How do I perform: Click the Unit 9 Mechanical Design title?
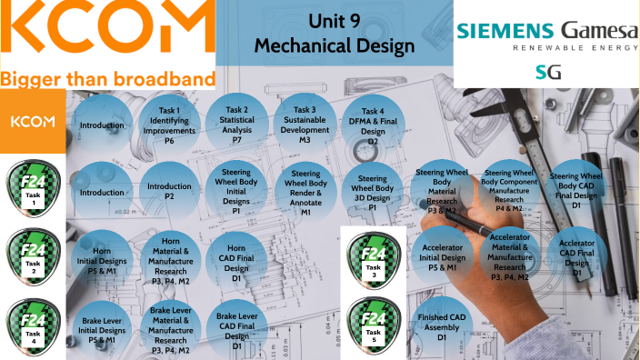click(x=335, y=34)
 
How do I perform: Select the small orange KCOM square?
click(x=33, y=122)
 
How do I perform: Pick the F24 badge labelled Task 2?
click(x=32, y=258)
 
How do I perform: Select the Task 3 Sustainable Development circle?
click(x=305, y=125)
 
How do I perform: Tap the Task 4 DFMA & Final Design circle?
click(x=373, y=125)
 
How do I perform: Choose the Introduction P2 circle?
click(x=170, y=192)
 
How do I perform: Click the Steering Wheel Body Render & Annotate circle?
click(x=305, y=192)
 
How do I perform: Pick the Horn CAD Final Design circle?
click(x=236, y=258)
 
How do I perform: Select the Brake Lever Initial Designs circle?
click(x=102, y=325)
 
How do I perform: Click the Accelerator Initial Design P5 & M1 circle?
click(x=441, y=258)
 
